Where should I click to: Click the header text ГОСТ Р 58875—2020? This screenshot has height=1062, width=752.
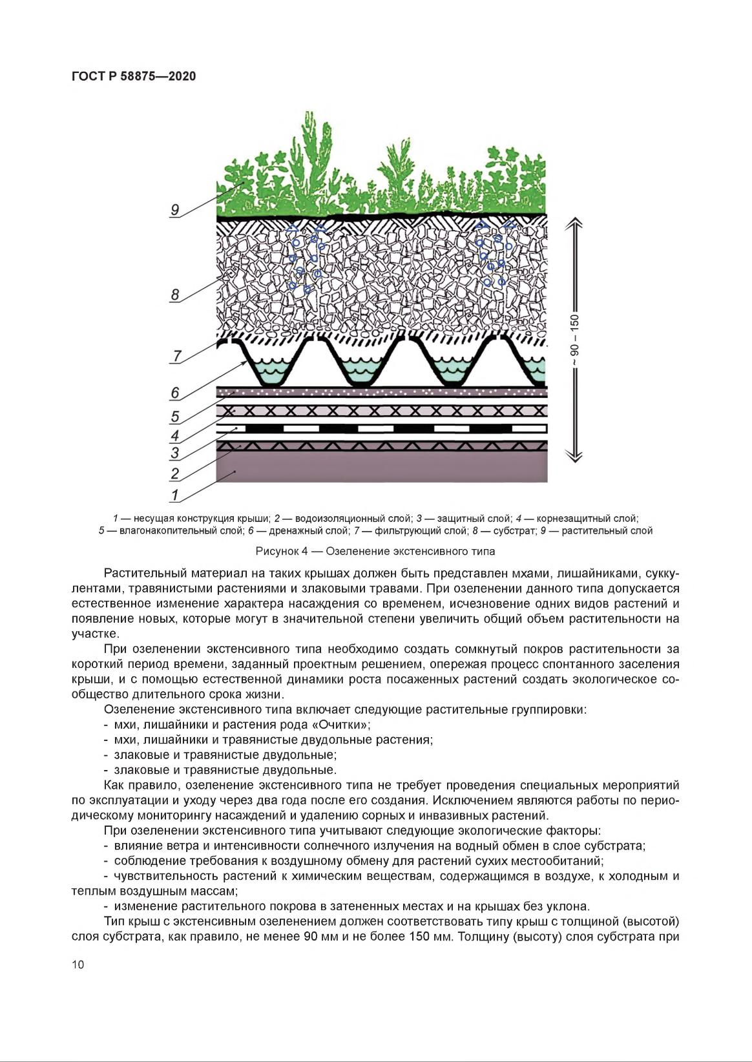click(134, 76)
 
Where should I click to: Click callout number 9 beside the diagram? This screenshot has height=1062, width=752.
click(175, 210)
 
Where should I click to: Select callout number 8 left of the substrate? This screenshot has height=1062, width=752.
click(175, 295)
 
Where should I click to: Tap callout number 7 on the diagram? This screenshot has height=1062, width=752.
click(177, 356)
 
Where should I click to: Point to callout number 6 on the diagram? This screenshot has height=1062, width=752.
click(175, 393)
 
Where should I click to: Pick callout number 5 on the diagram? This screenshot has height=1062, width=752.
click(175, 417)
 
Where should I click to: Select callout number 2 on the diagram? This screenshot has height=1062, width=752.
click(175, 474)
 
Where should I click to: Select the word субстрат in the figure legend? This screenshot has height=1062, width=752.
click(514, 531)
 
